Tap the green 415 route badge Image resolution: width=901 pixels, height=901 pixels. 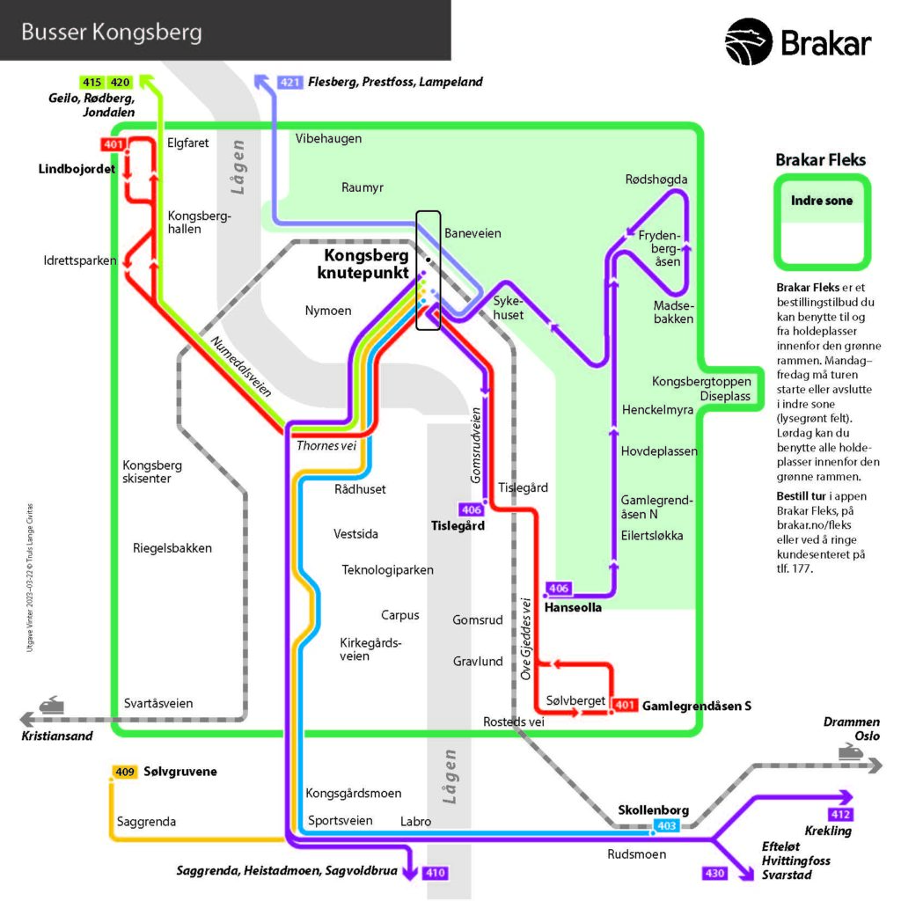click(x=92, y=83)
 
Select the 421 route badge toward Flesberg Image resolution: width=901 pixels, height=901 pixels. click(x=290, y=83)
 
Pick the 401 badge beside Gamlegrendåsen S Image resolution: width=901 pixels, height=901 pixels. click(x=624, y=705)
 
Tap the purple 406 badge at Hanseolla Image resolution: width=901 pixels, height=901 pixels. click(x=559, y=588)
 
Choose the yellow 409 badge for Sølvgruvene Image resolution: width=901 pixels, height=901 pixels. click(x=125, y=772)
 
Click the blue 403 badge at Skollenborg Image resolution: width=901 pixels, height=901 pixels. click(x=665, y=825)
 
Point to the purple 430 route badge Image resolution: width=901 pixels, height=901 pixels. click(x=714, y=873)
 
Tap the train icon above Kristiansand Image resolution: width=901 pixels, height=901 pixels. click(x=50, y=705)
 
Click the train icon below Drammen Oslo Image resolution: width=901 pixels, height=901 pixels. click(x=849, y=752)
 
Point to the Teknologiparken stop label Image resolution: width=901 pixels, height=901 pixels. click(x=387, y=570)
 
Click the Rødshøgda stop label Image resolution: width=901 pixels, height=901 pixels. click(x=656, y=179)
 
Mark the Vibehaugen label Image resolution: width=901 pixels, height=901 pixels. click(x=328, y=138)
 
